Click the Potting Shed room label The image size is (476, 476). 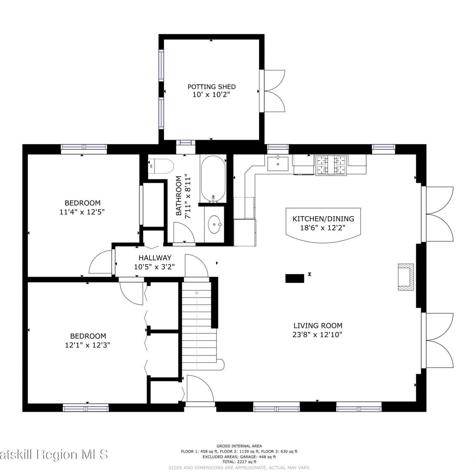tap(211, 87)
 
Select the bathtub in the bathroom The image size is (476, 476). tap(213, 179)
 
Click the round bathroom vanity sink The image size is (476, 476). tap(215, 224)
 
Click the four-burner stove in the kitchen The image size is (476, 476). tap(331, 165)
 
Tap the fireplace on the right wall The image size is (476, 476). tap(406, 277)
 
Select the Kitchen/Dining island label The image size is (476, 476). tap(323, 219)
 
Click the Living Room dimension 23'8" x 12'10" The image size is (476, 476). tap(317, 334)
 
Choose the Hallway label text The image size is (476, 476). tap(155, 258)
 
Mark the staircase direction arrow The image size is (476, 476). tap(197, 330)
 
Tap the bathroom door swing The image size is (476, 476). tap(184, 233)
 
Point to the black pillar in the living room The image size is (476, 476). tap(295, 278)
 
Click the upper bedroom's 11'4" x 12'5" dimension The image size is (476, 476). tap(82, 212)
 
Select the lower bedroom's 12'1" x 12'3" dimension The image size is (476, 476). tap(88, 345)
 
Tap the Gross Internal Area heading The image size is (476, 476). tap(239, 446)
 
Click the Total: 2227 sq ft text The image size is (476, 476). tap(239, 462)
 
